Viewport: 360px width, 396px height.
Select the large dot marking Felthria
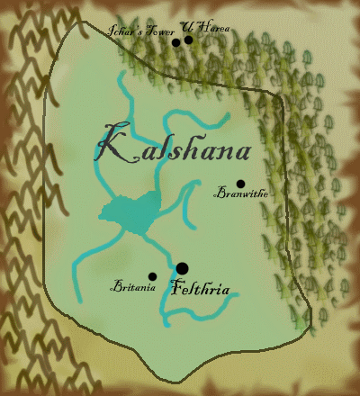tap(182, 268)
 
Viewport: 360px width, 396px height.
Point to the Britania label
tap(133, 288)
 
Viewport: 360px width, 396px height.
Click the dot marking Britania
tap(152, 276)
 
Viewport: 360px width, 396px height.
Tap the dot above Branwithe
tap(240, 184)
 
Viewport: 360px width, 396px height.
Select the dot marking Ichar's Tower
tap(176, 42)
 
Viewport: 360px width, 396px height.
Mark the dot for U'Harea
tap(188, 40)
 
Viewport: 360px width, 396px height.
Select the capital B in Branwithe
tap(221, 193)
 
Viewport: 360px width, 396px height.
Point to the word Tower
tap(157, 31)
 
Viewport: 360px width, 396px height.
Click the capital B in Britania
tap(114, 288)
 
